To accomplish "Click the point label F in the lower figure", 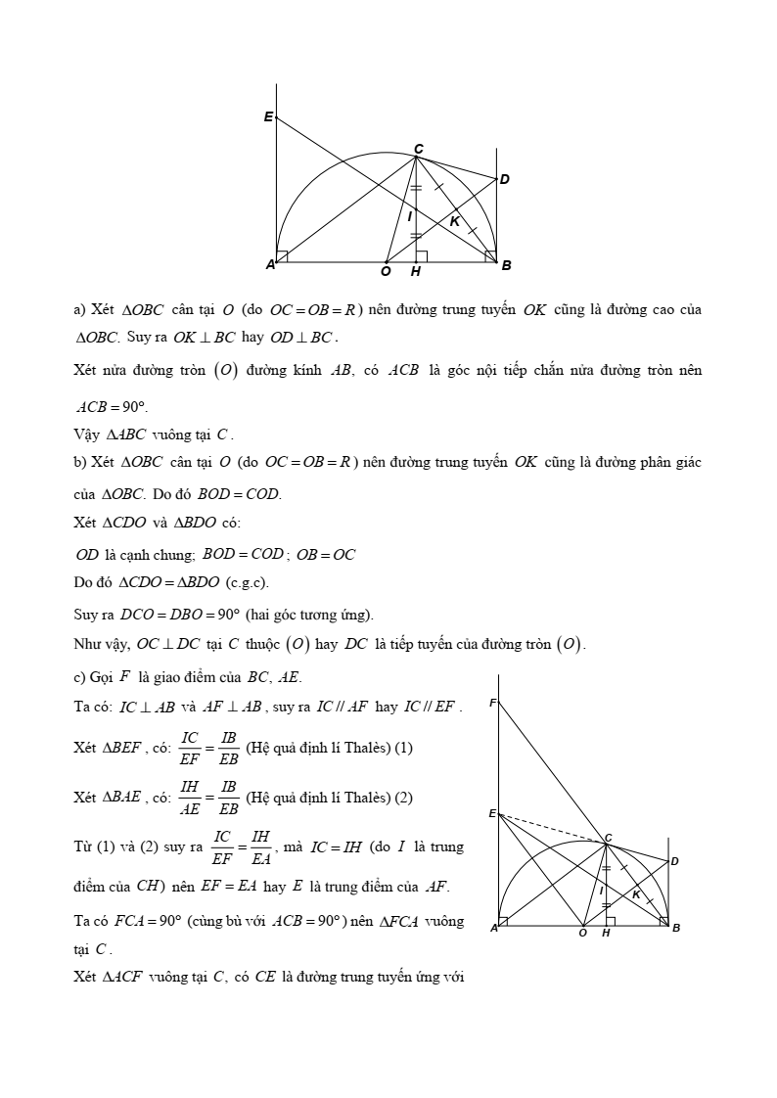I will tap(492, 703).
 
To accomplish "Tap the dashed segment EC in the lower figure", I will tap(552, 828).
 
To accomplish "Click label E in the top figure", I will tap(267, 116).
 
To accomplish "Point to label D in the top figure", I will tap(505, 179).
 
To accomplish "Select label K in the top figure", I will tap(455, 222).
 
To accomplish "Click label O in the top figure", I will tap(386, 271).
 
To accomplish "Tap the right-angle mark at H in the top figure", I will tap(422, 257).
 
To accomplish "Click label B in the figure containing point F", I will tap(676, 928).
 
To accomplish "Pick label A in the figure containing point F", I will tap(493, 928).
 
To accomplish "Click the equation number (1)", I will tap(403, 748).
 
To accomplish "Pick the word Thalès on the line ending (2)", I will tap(365, 798).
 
